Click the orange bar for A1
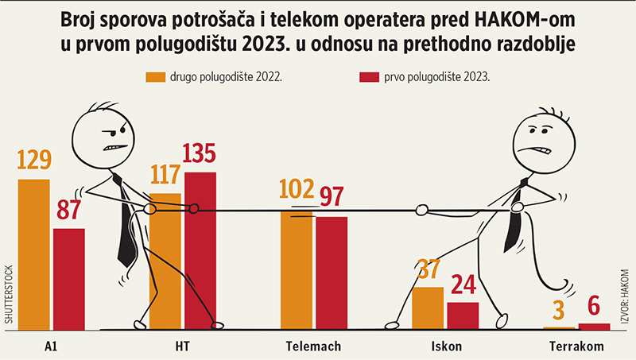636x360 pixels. (x=33, y=254)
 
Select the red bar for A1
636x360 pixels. (x=69, y=278)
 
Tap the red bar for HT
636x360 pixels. (x=200, y=250)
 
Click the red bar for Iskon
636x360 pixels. (x=463, y=315)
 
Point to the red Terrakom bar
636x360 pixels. (x=594, y=326)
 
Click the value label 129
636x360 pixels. (x=33, y=161)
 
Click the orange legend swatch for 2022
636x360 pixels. (x=155, y=76)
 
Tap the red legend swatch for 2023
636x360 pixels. (x=370, y=76)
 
